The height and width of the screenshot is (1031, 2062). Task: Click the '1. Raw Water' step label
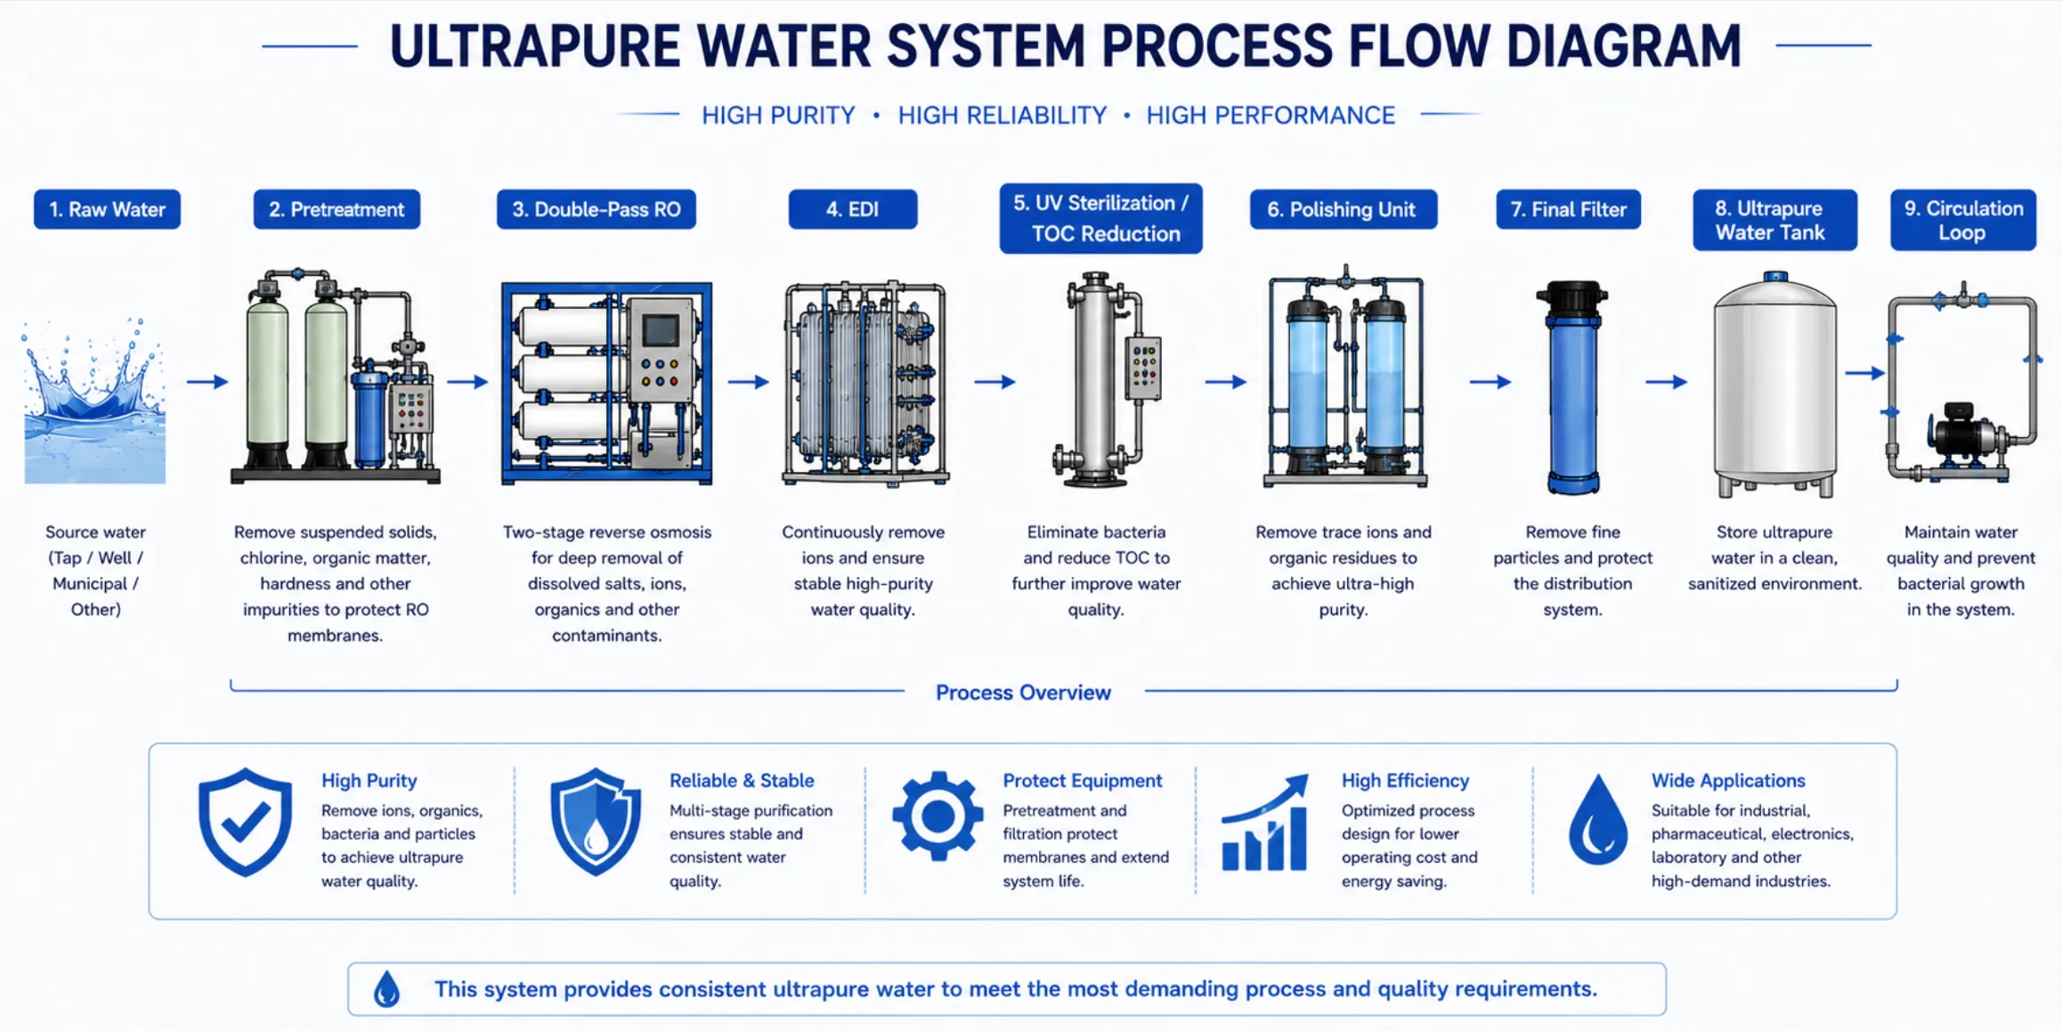[x=107, y=209]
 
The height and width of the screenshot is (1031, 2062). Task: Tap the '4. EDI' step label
[x=852, y=209]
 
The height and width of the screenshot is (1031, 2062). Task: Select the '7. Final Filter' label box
[x=1568, y=209]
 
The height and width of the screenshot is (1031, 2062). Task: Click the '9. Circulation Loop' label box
[x=1962, y=220]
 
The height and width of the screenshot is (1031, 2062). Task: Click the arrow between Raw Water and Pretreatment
[x=207, y=382]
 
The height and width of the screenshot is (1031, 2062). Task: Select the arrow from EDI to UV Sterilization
[x=994, y=382]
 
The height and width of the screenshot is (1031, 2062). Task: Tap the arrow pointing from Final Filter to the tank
[x=1666, y=382]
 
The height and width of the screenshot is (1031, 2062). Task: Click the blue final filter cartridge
[x=1572, y=387]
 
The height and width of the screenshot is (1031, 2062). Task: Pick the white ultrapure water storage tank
[x=1774, y=385]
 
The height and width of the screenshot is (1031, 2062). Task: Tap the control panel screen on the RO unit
[x=661, y=331]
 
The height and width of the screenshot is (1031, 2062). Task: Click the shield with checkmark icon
[x=245, y=822]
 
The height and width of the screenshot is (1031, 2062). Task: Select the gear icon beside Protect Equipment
[x=938, y=816]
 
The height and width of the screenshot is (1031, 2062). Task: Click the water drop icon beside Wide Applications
[x=1598, y=820]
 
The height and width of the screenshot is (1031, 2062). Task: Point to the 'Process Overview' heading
[x=1023, y=693]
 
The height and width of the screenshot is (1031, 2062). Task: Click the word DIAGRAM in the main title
[x=1624, y=46]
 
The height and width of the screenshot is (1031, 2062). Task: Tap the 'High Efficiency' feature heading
[x=1405, y=781]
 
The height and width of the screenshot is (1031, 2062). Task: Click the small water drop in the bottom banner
[x=386, y=988]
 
